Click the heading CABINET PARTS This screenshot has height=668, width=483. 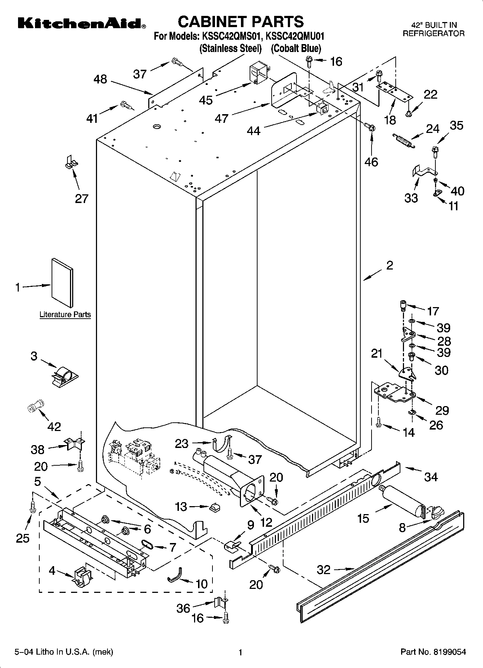click(241, 22)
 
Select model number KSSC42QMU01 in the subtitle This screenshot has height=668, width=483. click(295, 36)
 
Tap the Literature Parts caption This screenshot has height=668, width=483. click(65, 314)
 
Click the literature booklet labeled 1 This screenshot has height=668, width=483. click(62, 283)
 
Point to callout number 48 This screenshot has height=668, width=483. click(100, 79)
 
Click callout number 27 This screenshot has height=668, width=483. click(82, 198)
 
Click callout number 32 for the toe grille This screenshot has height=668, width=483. click(323, 570)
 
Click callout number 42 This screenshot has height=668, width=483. click(54, 426)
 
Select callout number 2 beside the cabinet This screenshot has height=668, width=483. click(390, 266)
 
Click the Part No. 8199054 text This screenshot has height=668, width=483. click(433, 652)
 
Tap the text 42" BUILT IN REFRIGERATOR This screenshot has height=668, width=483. click(434, 29)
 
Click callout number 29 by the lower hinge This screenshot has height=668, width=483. click(442, 410)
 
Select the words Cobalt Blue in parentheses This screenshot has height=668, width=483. click(296, 48)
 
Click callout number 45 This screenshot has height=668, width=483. click(206, 100)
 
